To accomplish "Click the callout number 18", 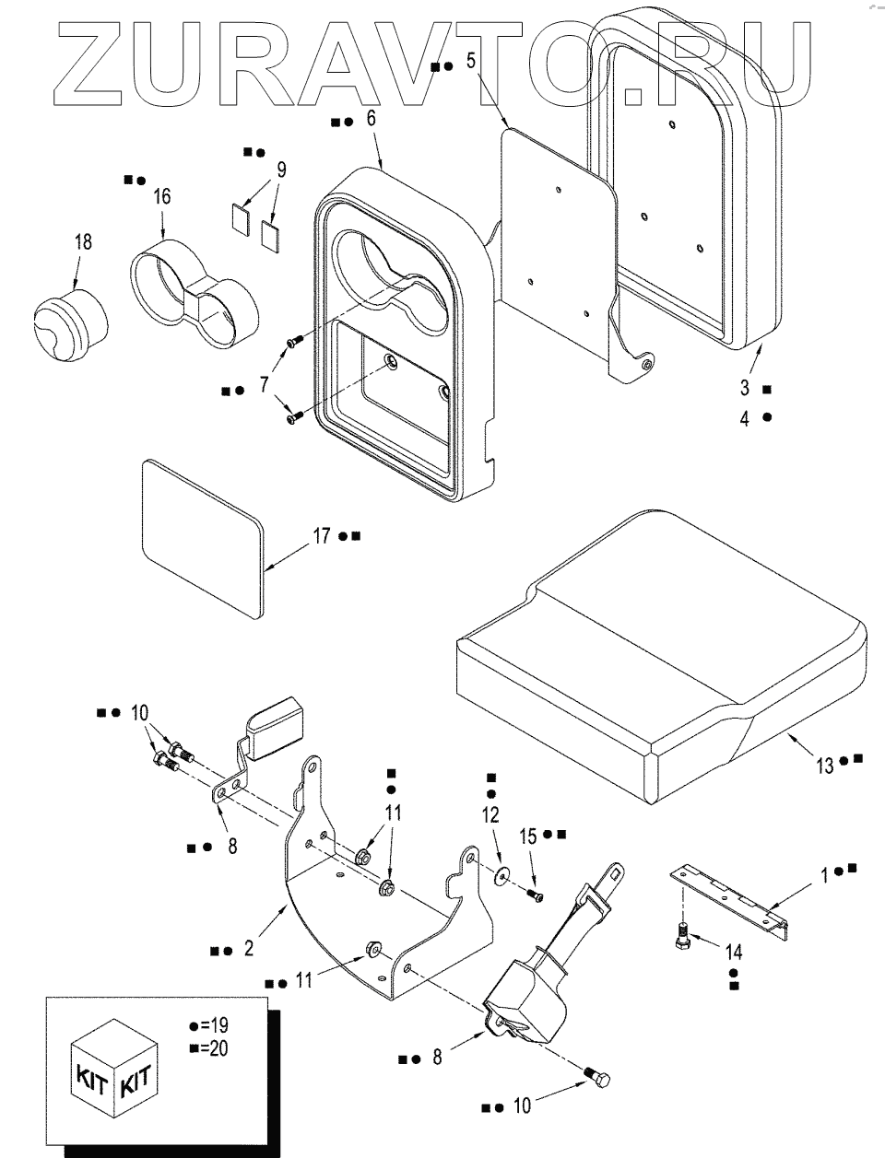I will pos(83,242).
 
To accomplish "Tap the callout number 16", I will pos(162,196).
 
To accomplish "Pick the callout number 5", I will pos(470,62).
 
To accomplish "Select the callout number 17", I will pos(321,535).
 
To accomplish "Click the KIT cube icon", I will pos(114,1069).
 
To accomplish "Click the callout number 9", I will pos(281,169).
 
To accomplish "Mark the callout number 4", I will pos(745,416).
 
